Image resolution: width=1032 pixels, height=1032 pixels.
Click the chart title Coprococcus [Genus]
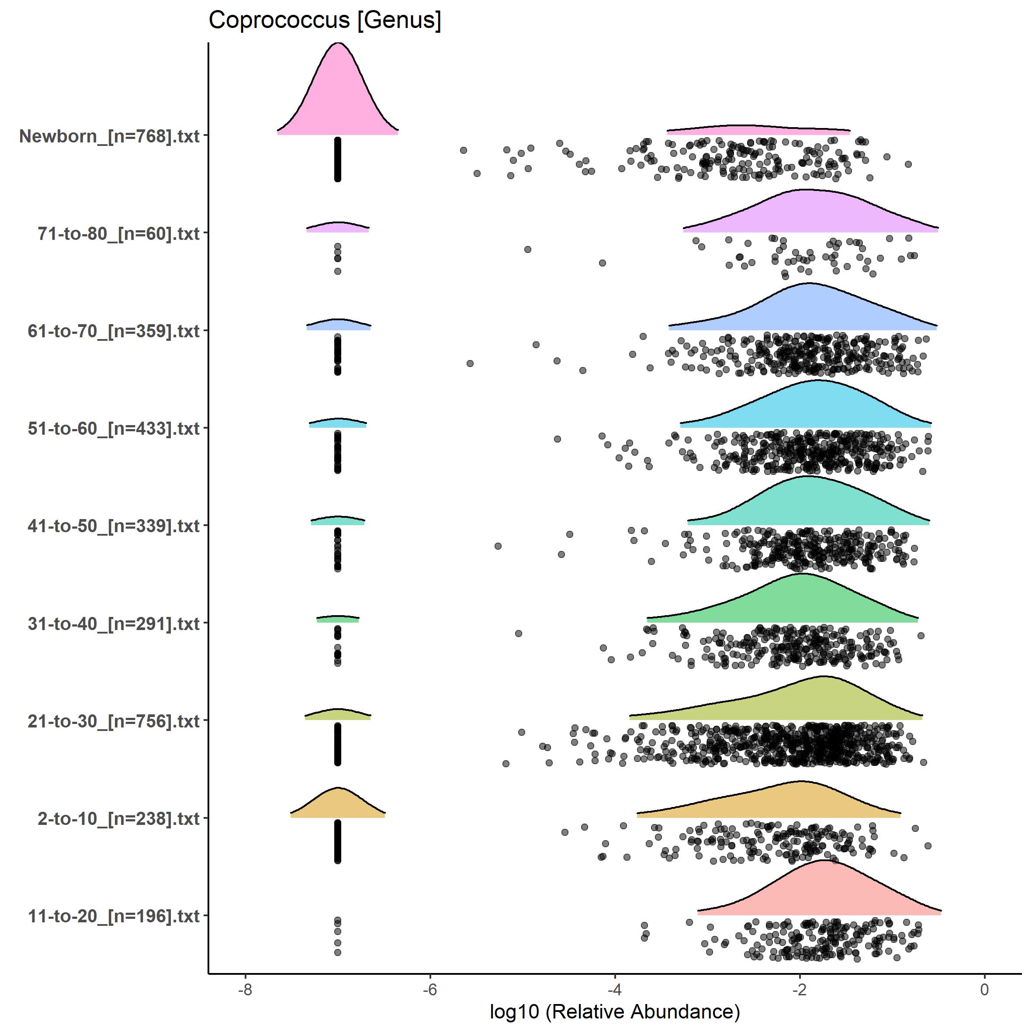(x=325, y=20)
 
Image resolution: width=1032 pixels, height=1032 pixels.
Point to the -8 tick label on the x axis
(x=245, y=989)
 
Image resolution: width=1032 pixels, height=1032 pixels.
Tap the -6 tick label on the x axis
(x=429, y=989)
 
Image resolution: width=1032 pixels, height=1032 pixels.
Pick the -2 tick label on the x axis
(x=799, y=989)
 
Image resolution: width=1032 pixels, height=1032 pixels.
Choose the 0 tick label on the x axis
(x=984, y=989)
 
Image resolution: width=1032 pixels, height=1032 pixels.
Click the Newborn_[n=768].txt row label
(x=110, y=136)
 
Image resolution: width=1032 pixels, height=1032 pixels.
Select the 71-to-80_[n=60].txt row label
(x=118, y=233)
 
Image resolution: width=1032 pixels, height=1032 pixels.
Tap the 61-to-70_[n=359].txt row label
(x=114, y=331)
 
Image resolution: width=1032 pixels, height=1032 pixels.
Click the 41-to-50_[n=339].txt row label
(x=114, y=526)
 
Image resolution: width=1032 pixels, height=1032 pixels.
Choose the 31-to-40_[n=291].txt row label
(x=114, y=623)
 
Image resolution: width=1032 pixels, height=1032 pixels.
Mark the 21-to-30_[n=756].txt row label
(x=114, y=721)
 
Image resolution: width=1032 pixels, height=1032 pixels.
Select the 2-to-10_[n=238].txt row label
(x=118, y=818)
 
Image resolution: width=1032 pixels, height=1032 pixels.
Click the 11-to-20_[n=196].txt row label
(x=114, y=916)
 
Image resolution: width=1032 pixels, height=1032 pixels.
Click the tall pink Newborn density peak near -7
(x=338, y=96)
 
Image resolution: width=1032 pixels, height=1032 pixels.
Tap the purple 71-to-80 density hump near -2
(x=807, y=214)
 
